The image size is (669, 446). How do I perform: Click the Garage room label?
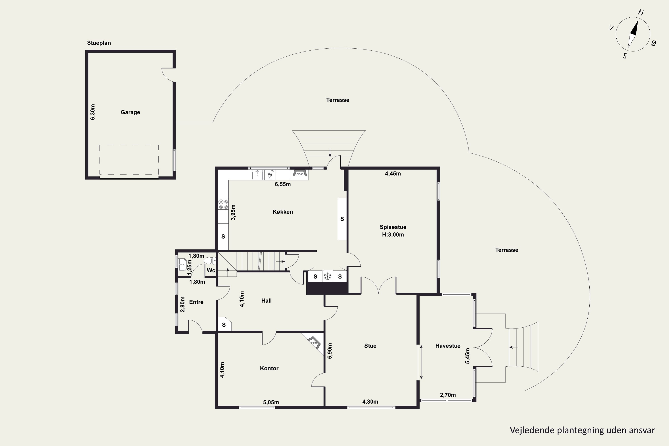[x=130, y=112]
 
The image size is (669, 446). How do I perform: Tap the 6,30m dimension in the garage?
[x=93, y=112]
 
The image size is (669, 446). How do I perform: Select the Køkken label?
[x=283, y=212]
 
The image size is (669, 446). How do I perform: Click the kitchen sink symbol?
[x=257, y=175]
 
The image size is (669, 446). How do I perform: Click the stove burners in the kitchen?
[x=223, y=204]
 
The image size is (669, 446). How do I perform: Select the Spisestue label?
[x=393, y=227]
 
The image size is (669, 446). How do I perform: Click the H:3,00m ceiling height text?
[x=393, y=235]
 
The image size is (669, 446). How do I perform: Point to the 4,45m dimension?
[x=393, y=173]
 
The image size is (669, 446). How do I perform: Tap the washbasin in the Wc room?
[x=182, y=264]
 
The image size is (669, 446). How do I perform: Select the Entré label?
[x=196, y=302]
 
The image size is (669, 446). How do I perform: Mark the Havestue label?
[x=448, y=346]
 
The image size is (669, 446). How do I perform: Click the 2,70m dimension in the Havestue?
[x=448, y=395]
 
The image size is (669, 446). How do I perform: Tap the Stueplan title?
[x=99, y=43]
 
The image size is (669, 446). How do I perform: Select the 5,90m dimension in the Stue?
[x=330, y=351]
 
